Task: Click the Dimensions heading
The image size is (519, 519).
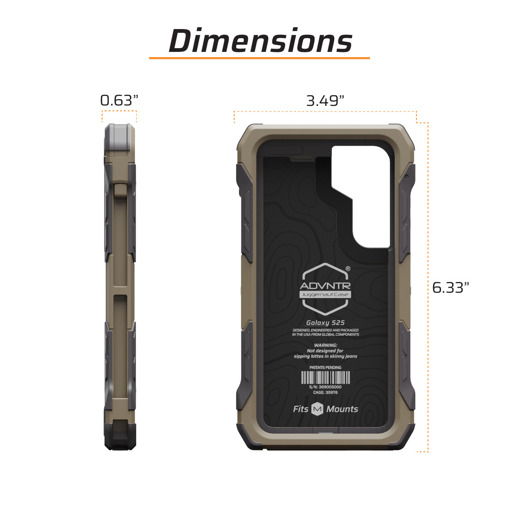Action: [260, 41]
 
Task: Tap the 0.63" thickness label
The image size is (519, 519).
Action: [119, 100]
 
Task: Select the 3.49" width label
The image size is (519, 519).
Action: [325, 101]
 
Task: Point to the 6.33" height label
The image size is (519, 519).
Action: [450, 288]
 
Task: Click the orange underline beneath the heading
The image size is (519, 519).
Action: [259, 58]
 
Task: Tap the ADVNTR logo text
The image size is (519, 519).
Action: [325, 286]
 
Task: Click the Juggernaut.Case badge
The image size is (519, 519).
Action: [325, 294]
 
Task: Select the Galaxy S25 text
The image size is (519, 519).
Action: [325, 323]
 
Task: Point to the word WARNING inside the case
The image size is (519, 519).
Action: [326, 345]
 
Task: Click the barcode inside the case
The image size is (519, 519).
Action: [325, 377]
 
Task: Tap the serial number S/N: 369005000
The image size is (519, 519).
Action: [325, 387]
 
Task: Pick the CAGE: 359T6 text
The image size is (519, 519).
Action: [325, 392]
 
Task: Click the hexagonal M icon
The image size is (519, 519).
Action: [317, 409]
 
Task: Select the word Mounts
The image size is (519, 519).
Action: [342, 409]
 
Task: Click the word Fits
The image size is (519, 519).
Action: [301, 409]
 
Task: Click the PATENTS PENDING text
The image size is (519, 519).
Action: [325, 367]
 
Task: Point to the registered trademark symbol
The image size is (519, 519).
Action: [348, 269]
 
